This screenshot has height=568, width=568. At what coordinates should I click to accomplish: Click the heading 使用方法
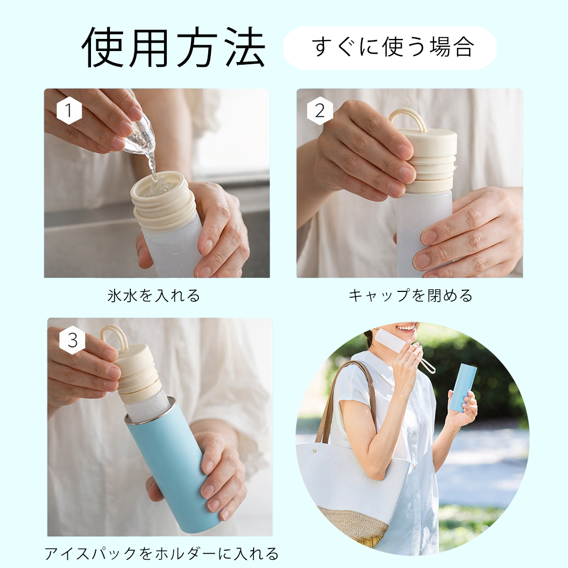point(174,47)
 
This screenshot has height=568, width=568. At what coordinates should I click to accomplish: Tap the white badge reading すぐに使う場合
point(389,48)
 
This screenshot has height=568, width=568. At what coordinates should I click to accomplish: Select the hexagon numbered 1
point(69,110)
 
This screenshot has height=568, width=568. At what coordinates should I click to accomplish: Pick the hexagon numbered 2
point(320,110)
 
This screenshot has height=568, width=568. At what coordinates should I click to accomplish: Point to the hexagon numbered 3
point(73,340)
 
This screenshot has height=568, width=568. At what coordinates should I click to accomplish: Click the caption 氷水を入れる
point(154,296)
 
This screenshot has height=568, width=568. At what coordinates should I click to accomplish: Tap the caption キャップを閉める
point(410,296)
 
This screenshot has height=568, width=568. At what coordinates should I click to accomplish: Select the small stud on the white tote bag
point(315,451)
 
